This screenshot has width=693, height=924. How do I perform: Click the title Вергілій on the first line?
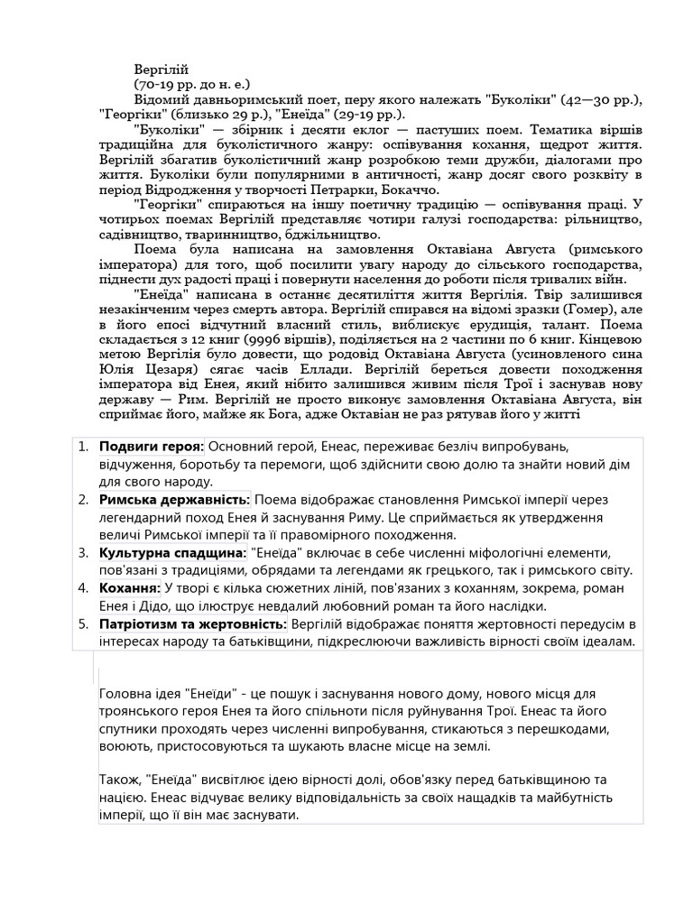click(162, 69)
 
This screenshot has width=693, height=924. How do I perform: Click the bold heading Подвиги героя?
click(152, 448)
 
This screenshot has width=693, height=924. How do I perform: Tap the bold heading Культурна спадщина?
click(172, 551)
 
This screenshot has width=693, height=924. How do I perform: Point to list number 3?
click(84, 551)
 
